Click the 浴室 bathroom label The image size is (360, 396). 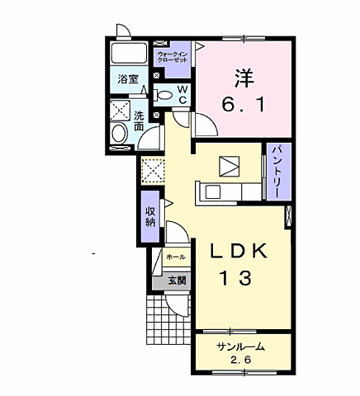click(x=128, y=79)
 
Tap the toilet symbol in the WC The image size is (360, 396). click(x=163, y=95)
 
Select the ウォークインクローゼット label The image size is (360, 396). click(x=173, y=57)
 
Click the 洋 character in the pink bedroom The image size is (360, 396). click(x=244, y=78)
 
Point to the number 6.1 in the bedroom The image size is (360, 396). click(x=244, y=105)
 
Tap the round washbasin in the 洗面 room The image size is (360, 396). click(x=119, y=134)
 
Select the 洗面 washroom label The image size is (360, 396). click(x=140, y=121)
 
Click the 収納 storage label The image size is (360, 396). click(x=150, y=217)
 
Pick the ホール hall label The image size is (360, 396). click(x=176, y=257)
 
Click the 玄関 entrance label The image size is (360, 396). click(x=178, y=280)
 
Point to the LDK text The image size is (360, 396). click(x=239, y=251)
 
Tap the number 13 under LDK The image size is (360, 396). click(x=236, y=278)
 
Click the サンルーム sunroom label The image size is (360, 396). click(x=240, y=347)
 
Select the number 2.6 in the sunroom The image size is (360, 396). click(x=241, y=360)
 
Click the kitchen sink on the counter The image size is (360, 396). click(x=212, y=191)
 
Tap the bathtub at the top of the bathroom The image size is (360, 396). click(x=129, y=54)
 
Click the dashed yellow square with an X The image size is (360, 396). click(x=153, y=171)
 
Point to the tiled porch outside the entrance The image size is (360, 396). click(x=168, y=320)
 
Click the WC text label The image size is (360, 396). click(x=182, y=95)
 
